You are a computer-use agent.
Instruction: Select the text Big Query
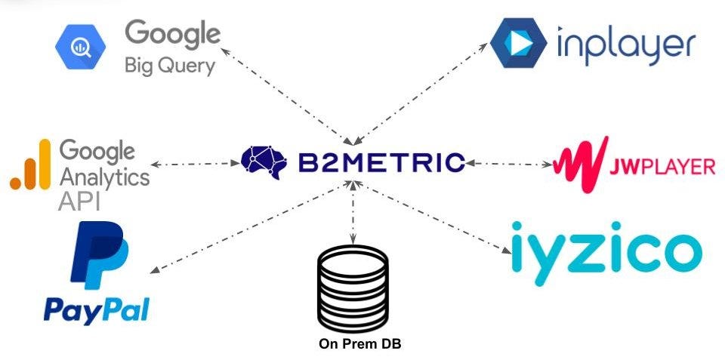tap(170, 66)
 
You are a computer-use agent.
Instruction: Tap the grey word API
tap(79, 202)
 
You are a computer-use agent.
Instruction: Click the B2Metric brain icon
tap(267, 161)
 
